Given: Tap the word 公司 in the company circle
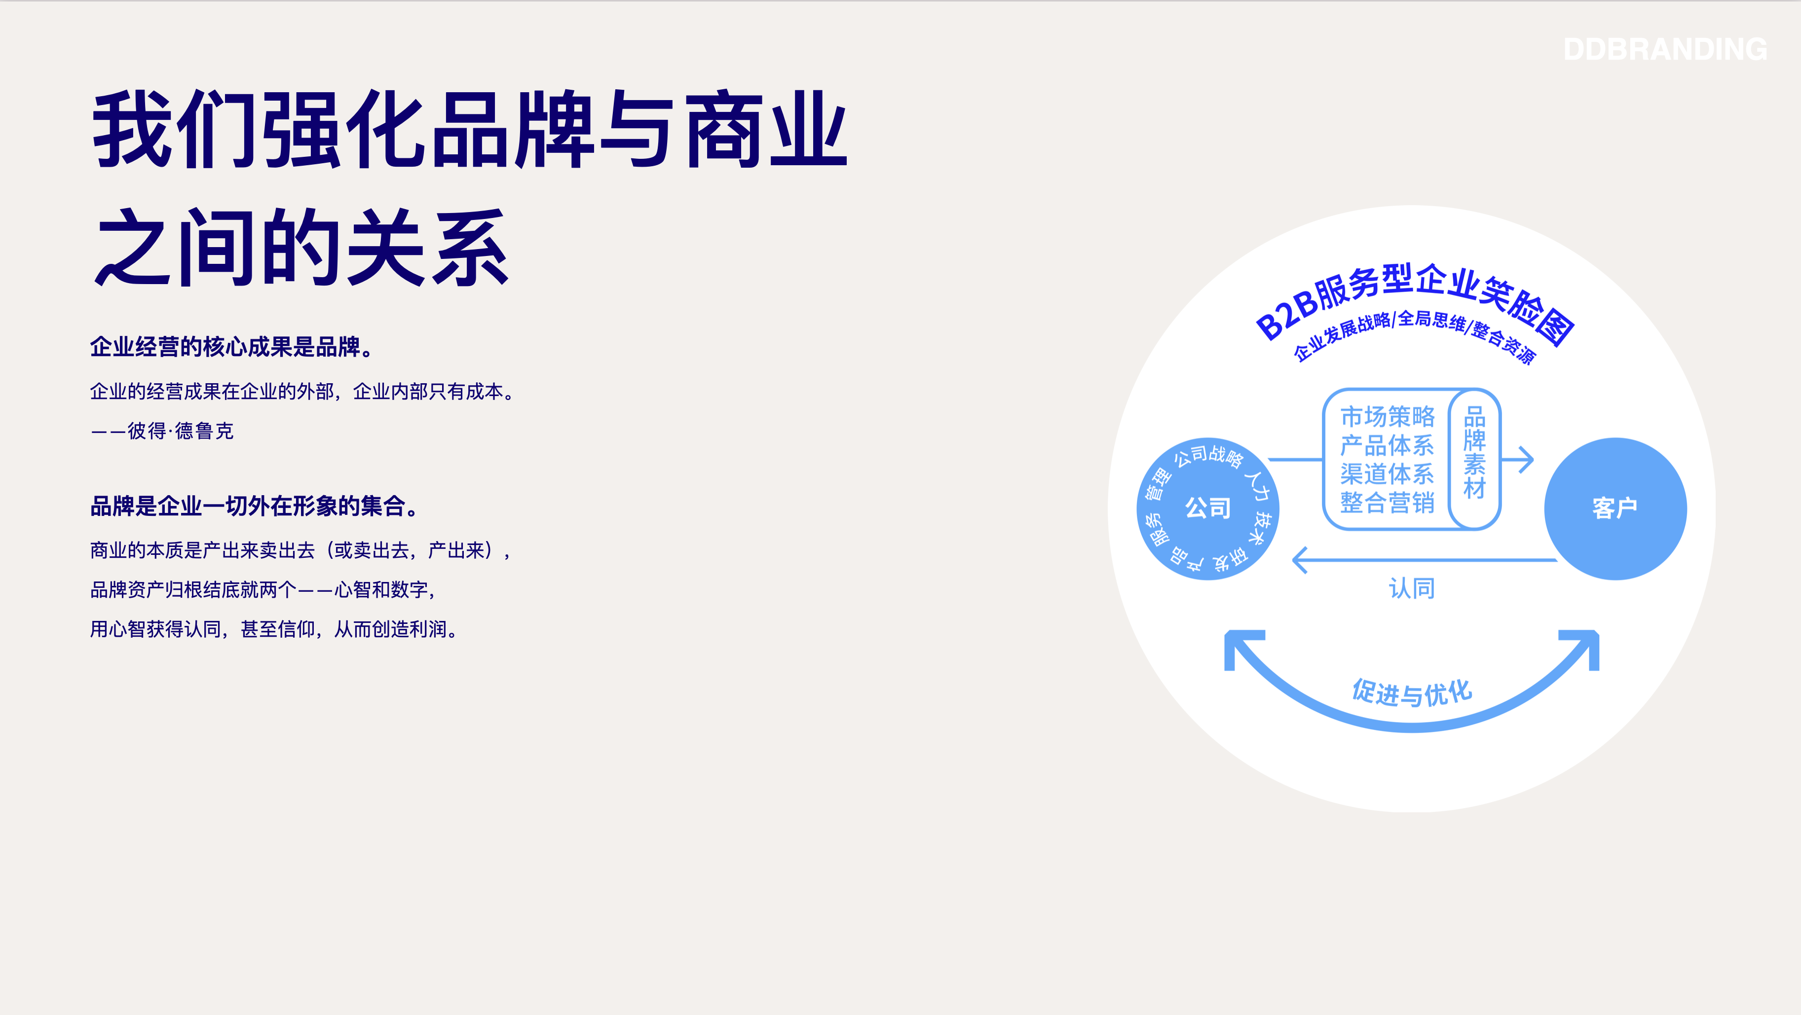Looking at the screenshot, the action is coord(1208,508).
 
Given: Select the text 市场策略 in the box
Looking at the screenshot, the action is coord(1387,417).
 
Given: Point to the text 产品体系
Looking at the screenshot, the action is coord(1387,445).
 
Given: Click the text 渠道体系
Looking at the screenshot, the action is coord(1387,474).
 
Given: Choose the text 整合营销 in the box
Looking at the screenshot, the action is coord(1387,503).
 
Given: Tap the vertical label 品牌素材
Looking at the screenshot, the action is coord(1474,453).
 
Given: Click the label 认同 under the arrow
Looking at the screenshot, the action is coord(1412,588).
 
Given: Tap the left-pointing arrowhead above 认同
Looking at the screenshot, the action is coord(1300,560).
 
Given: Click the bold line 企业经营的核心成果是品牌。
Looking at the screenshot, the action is coord(234,347).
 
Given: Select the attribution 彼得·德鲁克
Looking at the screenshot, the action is coord(181,431).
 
